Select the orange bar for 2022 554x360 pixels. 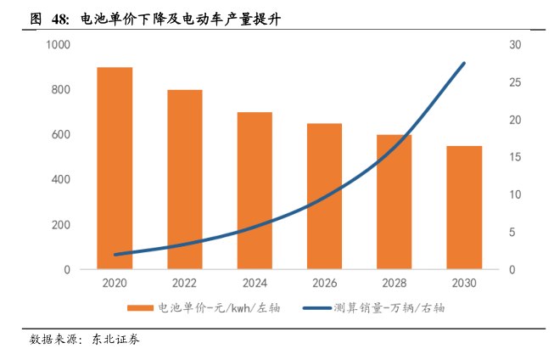(184, 179)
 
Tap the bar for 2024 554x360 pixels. (255, 190)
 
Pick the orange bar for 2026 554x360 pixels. (324, 196)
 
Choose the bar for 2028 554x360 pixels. (394, 202)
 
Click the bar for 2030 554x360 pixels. (464, 207)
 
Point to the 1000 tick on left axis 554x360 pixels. (58, 45)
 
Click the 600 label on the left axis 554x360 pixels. (61, 135)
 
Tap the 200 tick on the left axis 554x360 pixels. (61, 225)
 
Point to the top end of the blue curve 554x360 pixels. (463, 63)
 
